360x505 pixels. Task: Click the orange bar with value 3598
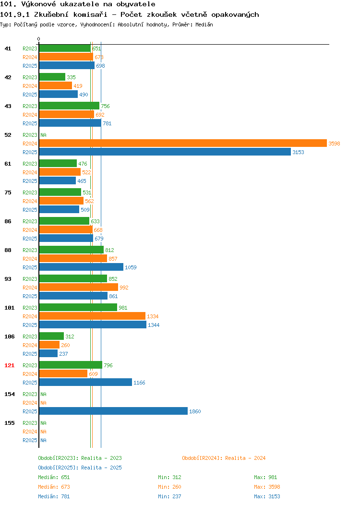click(x=183, y=144)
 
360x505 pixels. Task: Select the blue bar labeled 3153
click(x=165, y=152)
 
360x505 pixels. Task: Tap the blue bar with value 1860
click(x=113, y=411)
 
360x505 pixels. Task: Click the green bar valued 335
click(x=52, y=77)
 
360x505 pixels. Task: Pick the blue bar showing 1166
click(x=85, y=382)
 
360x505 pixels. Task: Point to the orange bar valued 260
click(x=49, y=345)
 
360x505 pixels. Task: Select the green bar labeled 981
click(x=78, y=308)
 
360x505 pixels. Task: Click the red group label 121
click(x=9, y=365)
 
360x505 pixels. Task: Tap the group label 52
click(x=8, y=135)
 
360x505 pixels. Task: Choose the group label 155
click(x=9, y=423)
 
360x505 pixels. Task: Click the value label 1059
click(x=131, y=267)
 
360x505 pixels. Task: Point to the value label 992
click(x=124, y=288)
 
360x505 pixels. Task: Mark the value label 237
click(x=63, y=354)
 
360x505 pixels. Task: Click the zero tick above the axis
click(x=39, y=39)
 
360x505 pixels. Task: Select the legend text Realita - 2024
click(x=245, y=458)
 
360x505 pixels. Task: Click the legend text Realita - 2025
click(x=101, y=468)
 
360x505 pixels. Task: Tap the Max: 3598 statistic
click(x=267, y=487)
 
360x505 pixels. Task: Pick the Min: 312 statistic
click(x=170, y=477)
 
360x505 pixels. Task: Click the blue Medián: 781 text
click(x=54, y=497)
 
